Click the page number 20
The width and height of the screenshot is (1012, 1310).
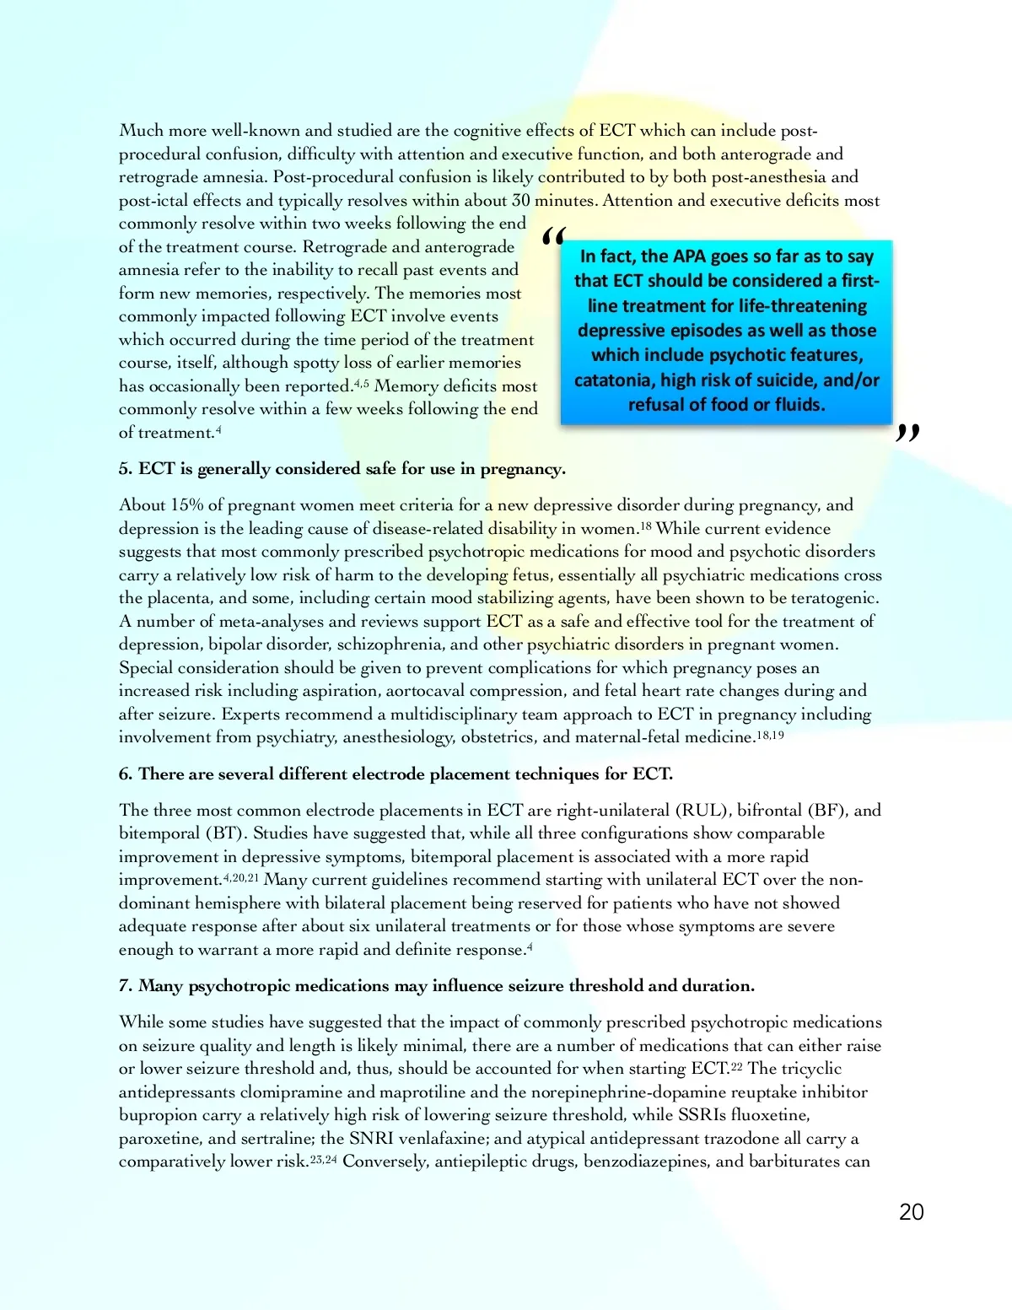tap(911, 1212)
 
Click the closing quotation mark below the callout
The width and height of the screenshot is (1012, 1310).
tap(907, 433)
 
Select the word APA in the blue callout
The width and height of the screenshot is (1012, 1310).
tap(689, 256)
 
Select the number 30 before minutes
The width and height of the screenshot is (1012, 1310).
tap(521, 201)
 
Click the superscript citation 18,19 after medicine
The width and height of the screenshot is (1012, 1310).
tap(770, 735)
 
